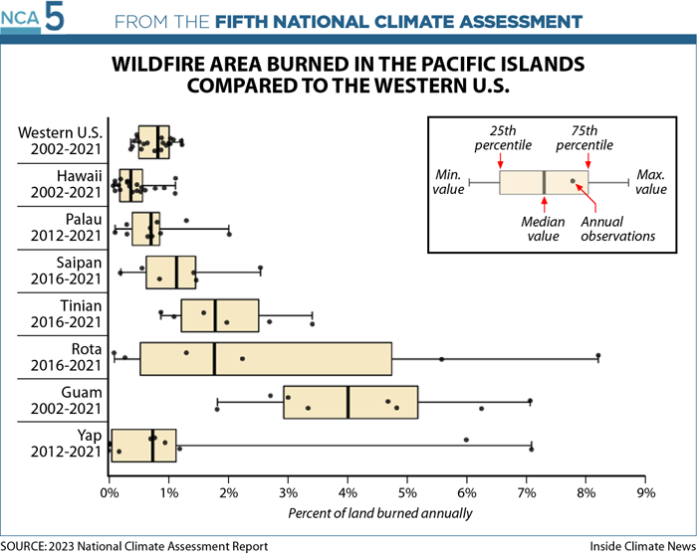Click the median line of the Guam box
pyautogui.click(x=348, y=402)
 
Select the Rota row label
pyautogui.click(x=67, y=357)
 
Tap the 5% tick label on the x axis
pyautogui.click(x=407, y=492)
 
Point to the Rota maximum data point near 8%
pyautogui.click(x=598, y=355)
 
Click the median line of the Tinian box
pyautogui.click(x=215, y=315)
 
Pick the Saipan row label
pyautogui.click(x=67, y=271)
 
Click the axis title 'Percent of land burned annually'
pyautogui.click(x=380, y=513)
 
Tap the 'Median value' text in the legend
pyautogui.click(x=543, y=229)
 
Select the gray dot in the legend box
pyautogui.click(x=573, y=181)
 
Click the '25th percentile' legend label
pyautogui.click(x=503, y=137)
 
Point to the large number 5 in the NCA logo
pyautogui.click(x=55, y=18)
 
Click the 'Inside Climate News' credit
pyautogui.click(x=643, y=546)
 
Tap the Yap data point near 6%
pyautogui.click(x=466, y=440)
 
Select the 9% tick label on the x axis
pyautogui.click(x=646, y=492)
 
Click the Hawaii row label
pyautogui.click(x=67, y=184)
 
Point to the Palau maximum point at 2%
pyautogui.click(x=229, y=234)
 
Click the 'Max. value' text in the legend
pyautogui.click(x=651, y=182)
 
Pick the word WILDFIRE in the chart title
pyautogui.click(x=157, y=65)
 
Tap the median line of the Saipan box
pyautogui.click(x=176, y=273)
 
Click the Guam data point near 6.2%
pyautogui.click(x=481, y=409)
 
